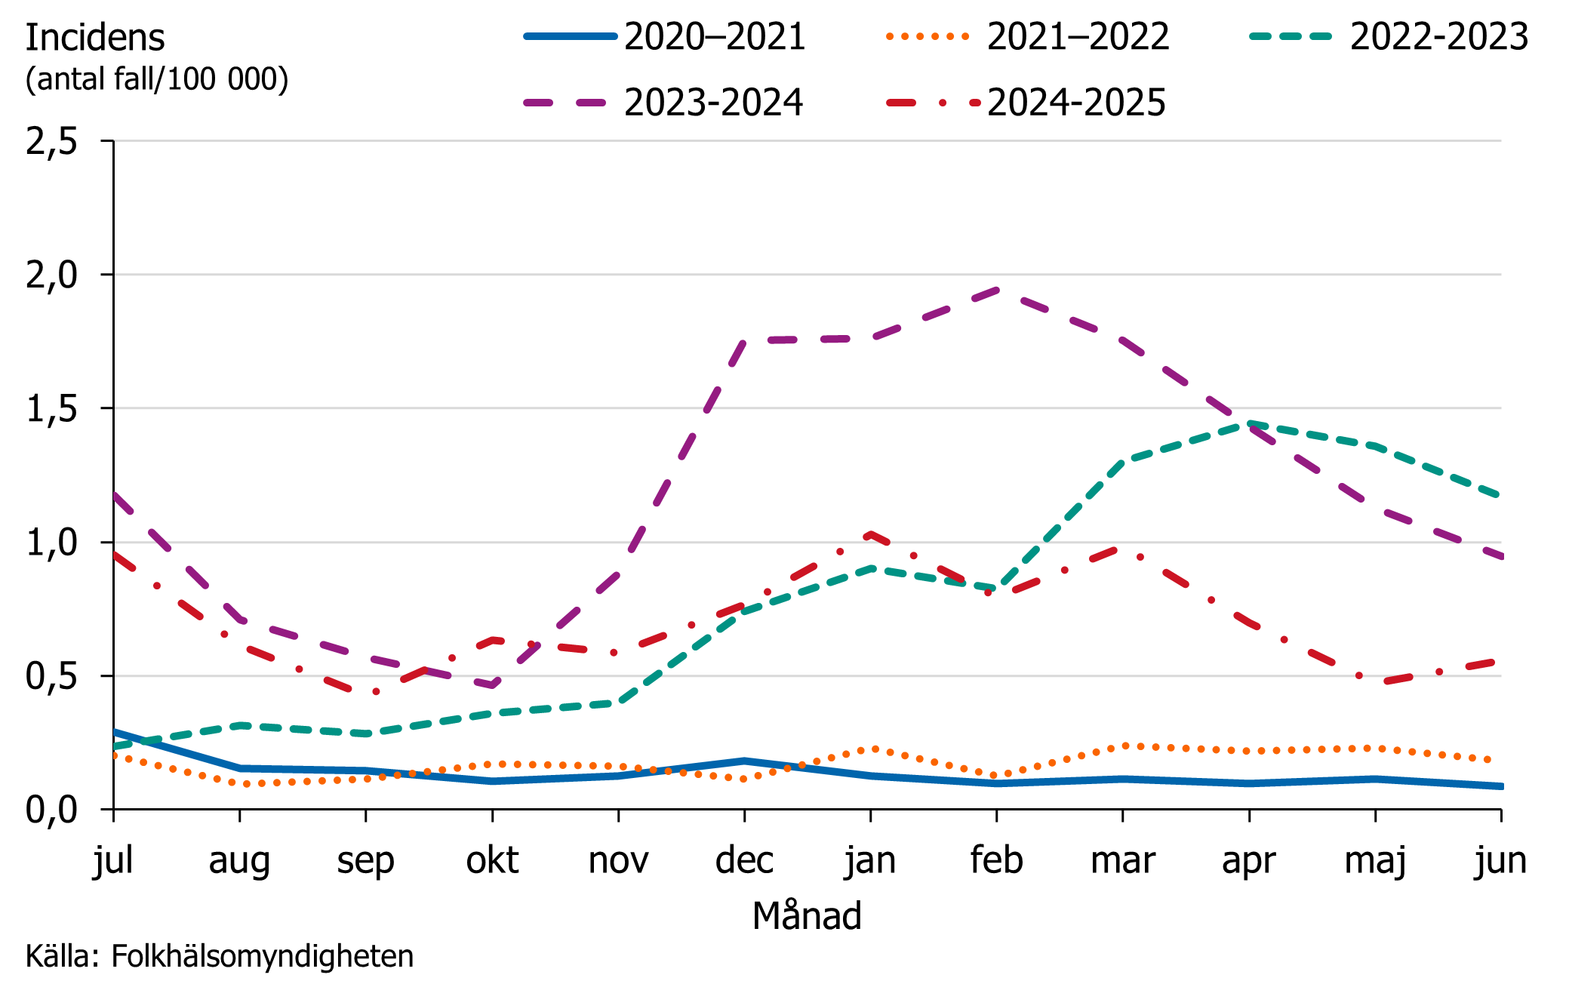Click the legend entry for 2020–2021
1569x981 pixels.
(714, 36)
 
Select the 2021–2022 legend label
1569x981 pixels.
(1077, 36)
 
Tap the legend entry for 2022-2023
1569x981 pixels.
(1438, 36)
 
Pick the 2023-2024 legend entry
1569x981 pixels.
(712, 102)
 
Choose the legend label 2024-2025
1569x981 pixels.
(1075, 102)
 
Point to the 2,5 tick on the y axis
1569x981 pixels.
(51, 141)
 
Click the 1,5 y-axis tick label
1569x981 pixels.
(51, 409)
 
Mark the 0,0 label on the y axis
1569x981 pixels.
(51, 810)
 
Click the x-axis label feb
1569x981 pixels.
(996, 860)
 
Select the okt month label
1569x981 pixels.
(492, 860)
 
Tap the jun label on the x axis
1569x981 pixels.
(1500, 861)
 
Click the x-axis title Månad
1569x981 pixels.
(807, 915)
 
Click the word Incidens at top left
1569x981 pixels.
(95, 38)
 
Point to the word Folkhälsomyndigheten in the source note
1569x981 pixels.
(262, 956)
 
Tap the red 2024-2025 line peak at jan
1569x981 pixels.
(871, 534)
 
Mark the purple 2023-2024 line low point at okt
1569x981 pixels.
(492, 684)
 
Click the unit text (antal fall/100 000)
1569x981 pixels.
(157, 79)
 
